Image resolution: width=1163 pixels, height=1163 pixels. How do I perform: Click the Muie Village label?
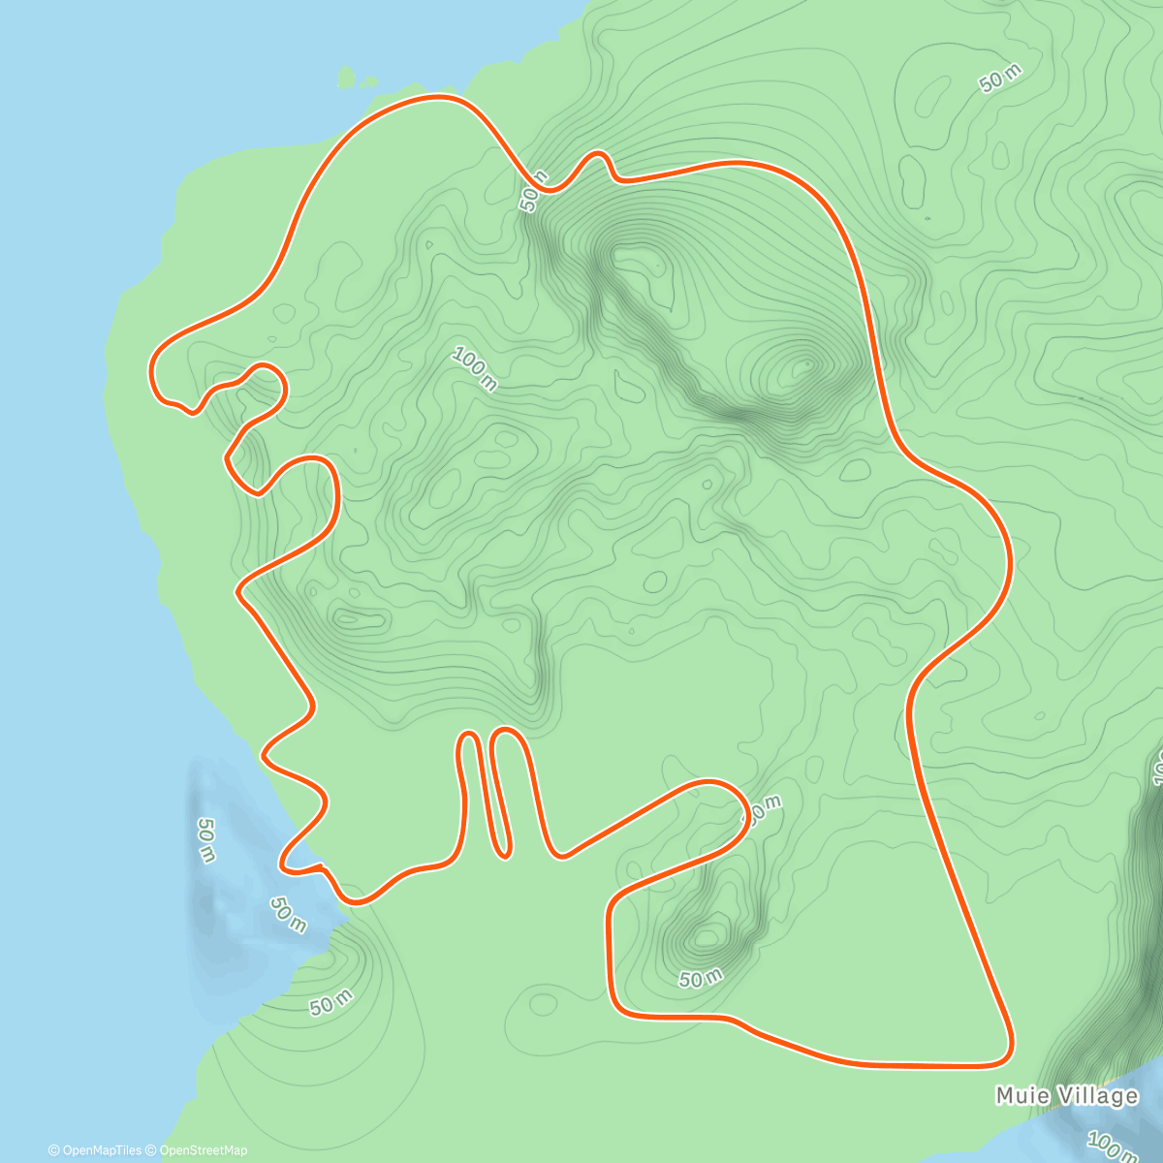coord(1066,1096)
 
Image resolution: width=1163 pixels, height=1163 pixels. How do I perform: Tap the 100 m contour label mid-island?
coord(474,370)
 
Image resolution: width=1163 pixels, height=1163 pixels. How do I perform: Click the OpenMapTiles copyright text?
coord(95,1150)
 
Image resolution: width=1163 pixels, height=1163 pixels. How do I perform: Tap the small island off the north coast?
coord(353,79)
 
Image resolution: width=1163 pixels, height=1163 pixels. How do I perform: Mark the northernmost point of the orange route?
coord(441,96)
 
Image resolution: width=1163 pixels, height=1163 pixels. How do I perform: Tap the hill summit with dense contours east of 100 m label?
coord(803,367)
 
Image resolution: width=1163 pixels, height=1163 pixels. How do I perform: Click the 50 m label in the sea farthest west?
coord(205,839)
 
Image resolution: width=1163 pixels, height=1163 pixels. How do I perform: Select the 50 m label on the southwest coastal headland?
coord(331,1004)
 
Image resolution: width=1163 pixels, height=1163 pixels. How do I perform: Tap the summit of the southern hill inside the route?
coord(707,937)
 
